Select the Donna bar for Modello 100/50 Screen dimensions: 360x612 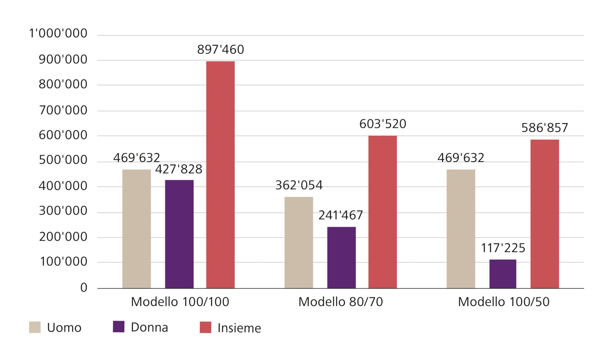[503, 274]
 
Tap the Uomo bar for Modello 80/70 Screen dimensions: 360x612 [299, 242]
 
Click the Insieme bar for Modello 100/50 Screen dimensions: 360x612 [544, 214]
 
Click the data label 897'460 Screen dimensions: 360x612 [220, 50]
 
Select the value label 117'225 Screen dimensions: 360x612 [503, 248]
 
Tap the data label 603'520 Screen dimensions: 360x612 [382, 124]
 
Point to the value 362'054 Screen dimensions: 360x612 [299, 185]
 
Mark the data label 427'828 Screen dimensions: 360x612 [179, 169]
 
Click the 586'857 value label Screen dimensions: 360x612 [544, 128]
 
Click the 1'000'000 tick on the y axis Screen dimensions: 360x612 [58, 33]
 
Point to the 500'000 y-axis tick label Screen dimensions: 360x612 [63, 160]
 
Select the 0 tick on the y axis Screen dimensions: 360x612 [84, 288]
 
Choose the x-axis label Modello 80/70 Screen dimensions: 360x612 [340, 302]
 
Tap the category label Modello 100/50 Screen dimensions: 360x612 [504, 302]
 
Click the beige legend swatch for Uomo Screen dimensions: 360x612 [35, 327]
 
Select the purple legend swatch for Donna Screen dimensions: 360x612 [119, 327]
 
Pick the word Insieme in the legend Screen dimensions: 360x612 [239, 328]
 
